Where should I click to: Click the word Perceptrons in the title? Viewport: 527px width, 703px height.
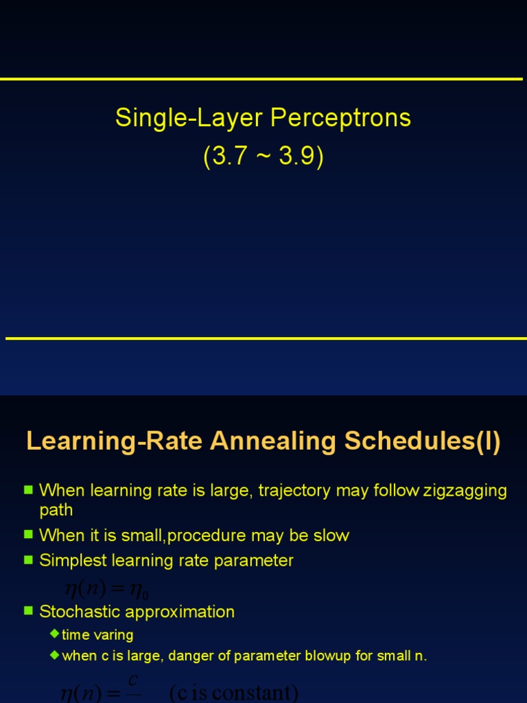pyautogui.click(x=341, y=118)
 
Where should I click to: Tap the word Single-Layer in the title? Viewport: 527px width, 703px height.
pyautogui.click(x=189, y=118)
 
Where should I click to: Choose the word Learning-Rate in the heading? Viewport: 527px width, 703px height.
pyautogui.click(x=114, y=441)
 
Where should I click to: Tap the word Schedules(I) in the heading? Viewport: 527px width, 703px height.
pyautogui.click(x=423, y=441)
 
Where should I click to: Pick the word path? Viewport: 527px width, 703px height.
pyautogui.click(x=56, y=510)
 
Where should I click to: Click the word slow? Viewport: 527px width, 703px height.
pyautogui.click(x=332, y=535)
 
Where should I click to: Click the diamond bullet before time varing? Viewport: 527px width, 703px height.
pyautogui.click(x=55, y=634)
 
